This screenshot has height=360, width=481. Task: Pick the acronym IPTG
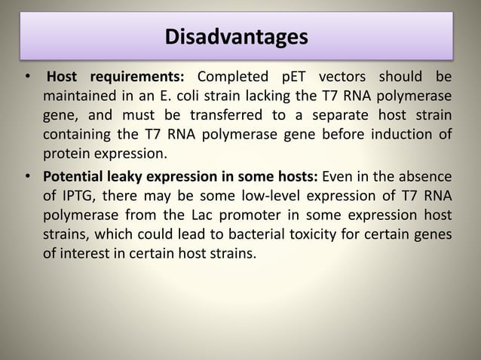click(77, 197)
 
